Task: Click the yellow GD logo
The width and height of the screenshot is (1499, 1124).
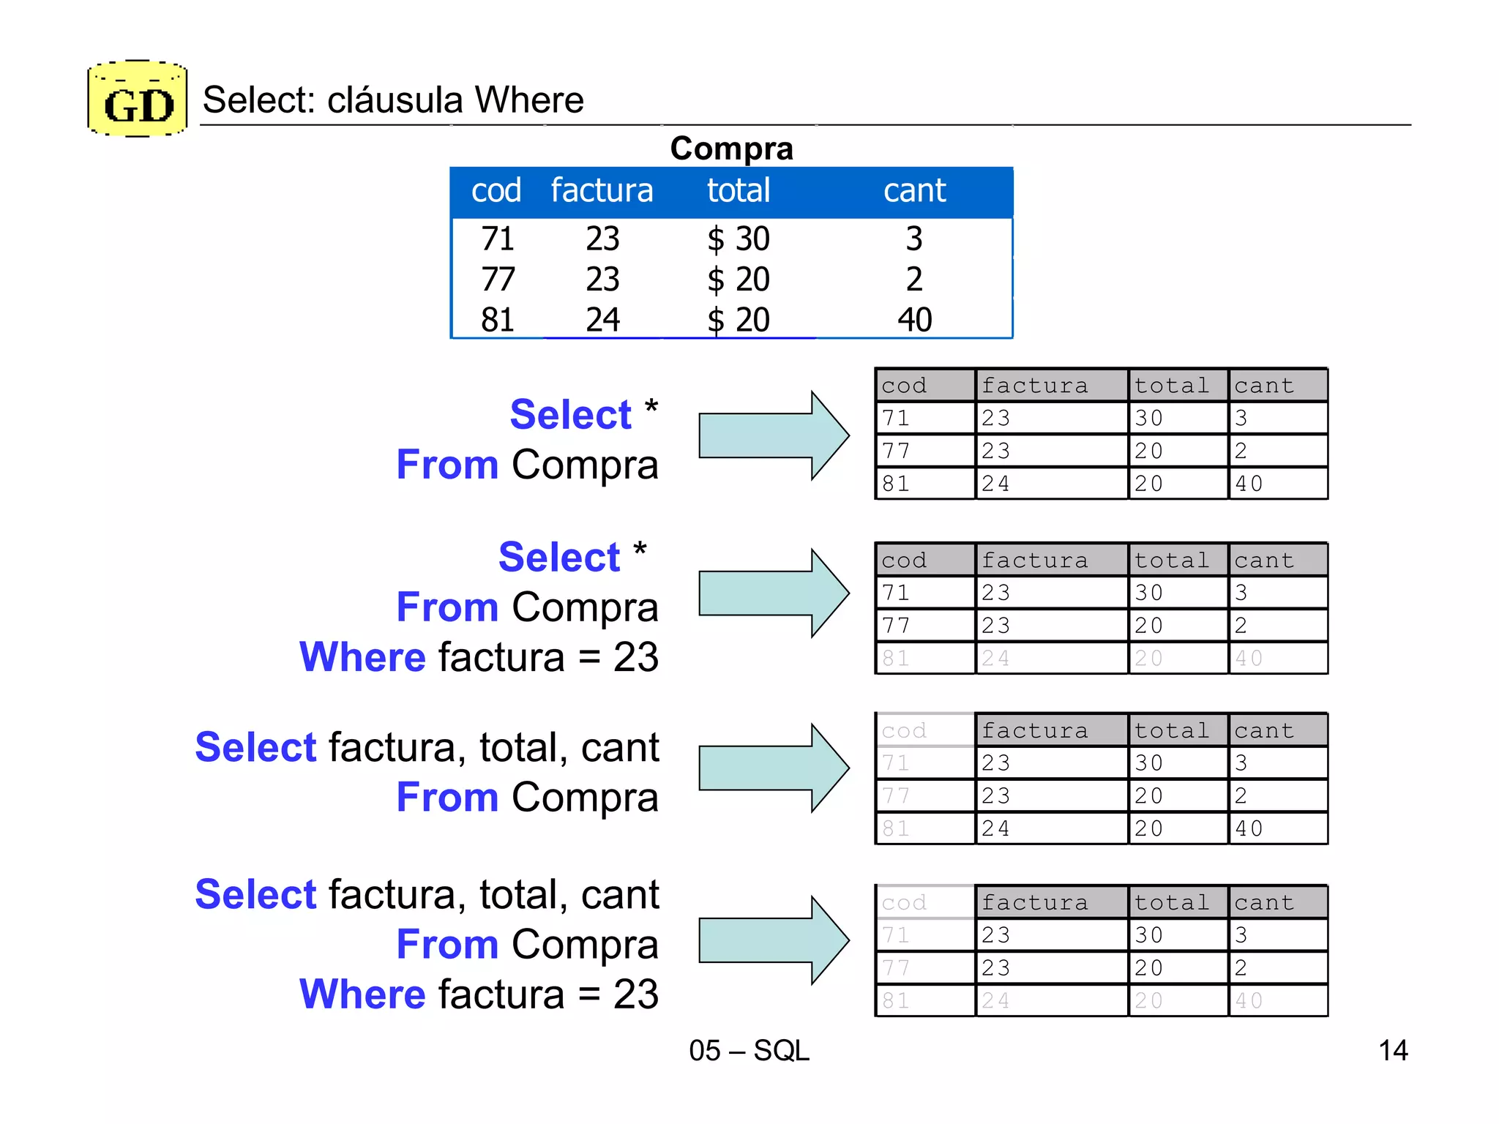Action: click(x=138, y=100)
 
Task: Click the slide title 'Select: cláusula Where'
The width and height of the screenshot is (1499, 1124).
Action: click(x=393, y=100)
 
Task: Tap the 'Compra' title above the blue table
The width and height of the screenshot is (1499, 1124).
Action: click(x=731, y=149)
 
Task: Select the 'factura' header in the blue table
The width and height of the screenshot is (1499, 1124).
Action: click(x=602, y=191)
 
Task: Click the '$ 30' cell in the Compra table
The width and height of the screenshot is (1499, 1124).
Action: click(x=738, y=239)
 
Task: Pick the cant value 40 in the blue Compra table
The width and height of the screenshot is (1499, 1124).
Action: click(x=914, y=320)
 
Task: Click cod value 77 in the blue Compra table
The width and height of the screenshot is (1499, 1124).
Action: click(x=498, y=280)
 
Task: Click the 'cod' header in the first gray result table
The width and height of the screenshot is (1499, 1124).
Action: click(x=905, y=386)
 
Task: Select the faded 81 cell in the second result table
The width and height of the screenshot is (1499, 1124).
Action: click(x=897, y=659)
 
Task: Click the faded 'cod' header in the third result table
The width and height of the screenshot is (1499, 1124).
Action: click(x=905, y=731)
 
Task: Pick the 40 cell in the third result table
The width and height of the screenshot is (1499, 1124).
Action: click(x=1249, y=829)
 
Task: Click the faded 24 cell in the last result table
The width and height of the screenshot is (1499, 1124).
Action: click(x=996, y=1001)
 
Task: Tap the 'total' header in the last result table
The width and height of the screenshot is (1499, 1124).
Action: click(x=1171, y=903)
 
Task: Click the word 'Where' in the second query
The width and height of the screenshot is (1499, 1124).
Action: click(x=362, y=657)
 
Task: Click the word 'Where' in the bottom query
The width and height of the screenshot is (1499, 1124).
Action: click(x=362, y=994)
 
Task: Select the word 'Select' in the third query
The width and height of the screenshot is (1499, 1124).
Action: click(x=255, y=748)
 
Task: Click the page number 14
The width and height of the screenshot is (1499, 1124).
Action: click(x=1392, y=1051)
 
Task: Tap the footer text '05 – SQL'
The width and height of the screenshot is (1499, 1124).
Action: click(x=749, y=1051)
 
